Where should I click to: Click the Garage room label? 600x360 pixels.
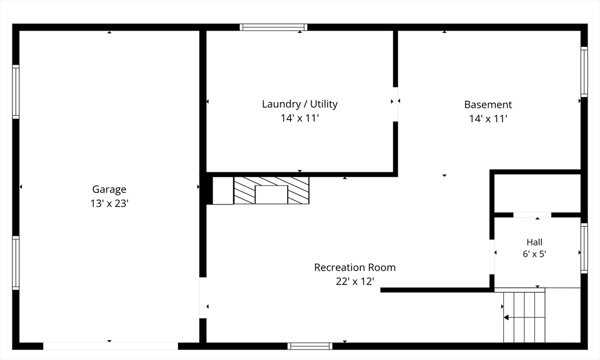[x=109, y=189]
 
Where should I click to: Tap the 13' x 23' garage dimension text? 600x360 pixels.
[x=109, y=203]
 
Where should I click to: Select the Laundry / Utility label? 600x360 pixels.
[x=299, y=104]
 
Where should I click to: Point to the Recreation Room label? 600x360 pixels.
[x=354, y=267]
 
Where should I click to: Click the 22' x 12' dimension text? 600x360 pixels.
[x=354, y=281]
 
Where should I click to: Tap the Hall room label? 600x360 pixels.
[x=534, y=242]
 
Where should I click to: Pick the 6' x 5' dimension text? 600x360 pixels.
[x=534, y=254]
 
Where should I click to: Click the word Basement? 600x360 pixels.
[x=488, y=104]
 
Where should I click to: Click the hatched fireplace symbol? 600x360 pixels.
[x=271, y=191]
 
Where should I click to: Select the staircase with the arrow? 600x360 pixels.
[x=524, y=317]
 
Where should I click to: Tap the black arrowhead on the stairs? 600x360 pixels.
[x=506, y=317]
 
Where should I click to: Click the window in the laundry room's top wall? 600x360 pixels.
[x=273, y=27]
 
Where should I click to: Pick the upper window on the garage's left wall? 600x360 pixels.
[x=16, y=92]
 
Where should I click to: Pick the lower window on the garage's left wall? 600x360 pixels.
[x=16, y=263]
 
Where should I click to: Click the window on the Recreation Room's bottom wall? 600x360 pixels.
[x=310, y=346]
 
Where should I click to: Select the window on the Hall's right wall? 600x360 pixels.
[x=584, y=248]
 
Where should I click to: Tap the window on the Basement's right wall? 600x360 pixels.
[x=584, y=72]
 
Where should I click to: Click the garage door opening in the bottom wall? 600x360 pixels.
[x=110, y=346]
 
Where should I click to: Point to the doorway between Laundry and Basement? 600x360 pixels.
[x=396, y=104]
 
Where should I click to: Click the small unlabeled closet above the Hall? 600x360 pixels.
[x=538, y=193]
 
